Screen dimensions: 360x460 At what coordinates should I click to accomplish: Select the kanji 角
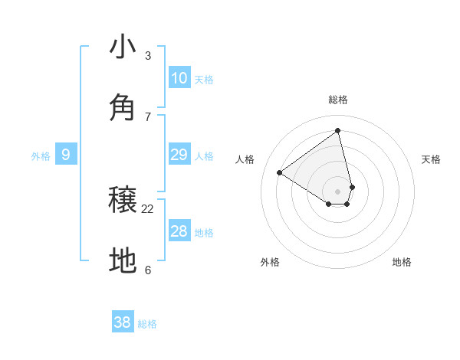[x=123, y=107]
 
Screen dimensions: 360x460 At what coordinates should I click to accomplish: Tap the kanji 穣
[x=123, y=201]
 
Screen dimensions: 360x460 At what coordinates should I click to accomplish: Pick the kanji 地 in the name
[x=123, y=260]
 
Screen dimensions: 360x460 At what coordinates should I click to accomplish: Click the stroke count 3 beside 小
[x=148, y=56]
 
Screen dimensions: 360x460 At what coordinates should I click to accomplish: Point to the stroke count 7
[x=148, y=116]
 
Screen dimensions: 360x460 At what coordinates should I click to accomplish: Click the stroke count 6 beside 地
[x=148, y=270]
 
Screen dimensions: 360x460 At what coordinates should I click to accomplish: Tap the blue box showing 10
[x=179, y=78]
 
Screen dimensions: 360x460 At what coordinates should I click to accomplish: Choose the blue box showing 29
[x=179, y=155]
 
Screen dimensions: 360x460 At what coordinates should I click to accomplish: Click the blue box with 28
[x=179, y=231]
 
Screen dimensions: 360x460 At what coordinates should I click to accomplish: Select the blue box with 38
[x=123, y=322]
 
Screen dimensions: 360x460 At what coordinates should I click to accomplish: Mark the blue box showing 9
[x=66, y=155]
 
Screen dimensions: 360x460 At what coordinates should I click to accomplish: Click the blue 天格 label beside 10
[x=204, y=80]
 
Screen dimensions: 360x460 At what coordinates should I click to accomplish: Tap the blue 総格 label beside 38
[x=147, y=324]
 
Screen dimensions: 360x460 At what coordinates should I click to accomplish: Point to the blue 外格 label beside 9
[x=41, y=156]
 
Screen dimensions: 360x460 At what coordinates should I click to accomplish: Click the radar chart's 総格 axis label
[x=338, y=100]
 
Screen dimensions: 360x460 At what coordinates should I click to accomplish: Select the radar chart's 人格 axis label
[x=245, y=159]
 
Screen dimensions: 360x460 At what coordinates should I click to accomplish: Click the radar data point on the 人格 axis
[x=280, y=172]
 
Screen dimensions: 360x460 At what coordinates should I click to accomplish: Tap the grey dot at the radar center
[x=338, y=191]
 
